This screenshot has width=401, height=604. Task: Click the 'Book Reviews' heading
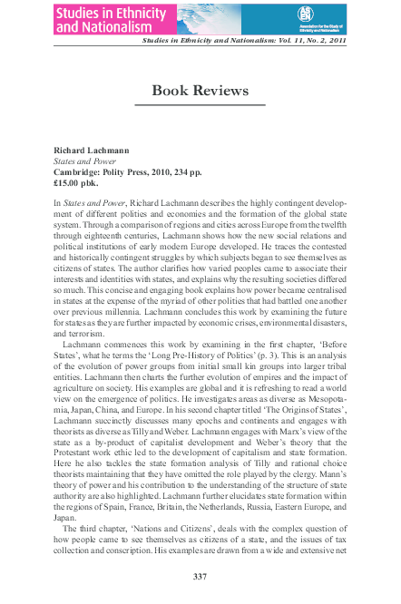[x=200, y=91]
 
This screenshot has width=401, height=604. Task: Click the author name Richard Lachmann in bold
[x=91, y=146]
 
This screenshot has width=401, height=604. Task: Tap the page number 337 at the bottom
[x=200, y=577]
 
